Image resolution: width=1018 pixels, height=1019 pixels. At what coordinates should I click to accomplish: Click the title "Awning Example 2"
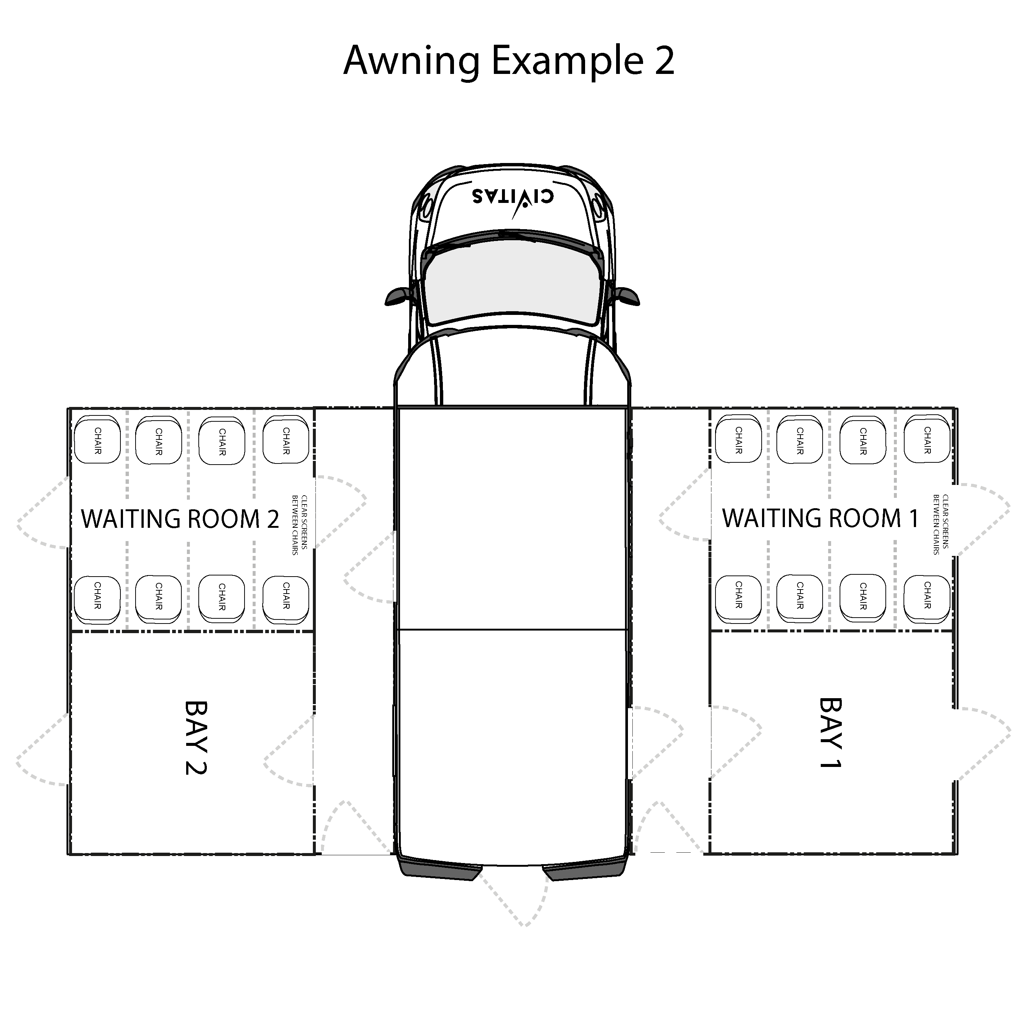pos(509,61)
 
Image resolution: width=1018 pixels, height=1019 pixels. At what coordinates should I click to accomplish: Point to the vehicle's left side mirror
pos(399,296)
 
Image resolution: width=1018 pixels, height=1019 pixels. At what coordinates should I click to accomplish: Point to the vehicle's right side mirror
pos(626,296)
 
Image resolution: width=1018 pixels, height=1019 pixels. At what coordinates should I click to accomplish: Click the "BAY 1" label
pos(830,733)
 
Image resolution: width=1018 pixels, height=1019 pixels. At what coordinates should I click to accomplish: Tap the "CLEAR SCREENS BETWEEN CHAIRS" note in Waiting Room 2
pos(300,525)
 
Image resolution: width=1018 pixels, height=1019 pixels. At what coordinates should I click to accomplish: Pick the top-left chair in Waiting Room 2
pos(98,441)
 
